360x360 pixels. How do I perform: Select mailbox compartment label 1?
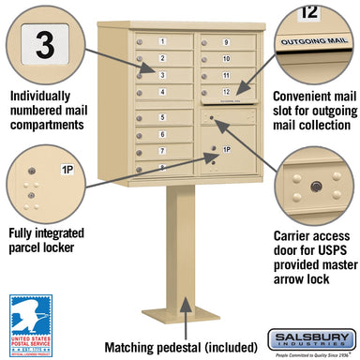click(x=162, y=42)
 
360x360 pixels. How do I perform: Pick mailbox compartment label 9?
click(x=226, y=43)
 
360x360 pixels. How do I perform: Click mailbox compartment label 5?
click(x=162, y=117)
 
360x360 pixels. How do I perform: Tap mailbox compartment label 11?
click(x=226, y=74)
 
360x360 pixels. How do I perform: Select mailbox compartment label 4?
click(x=162, y=91)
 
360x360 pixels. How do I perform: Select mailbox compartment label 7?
click(x=162, y=150)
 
